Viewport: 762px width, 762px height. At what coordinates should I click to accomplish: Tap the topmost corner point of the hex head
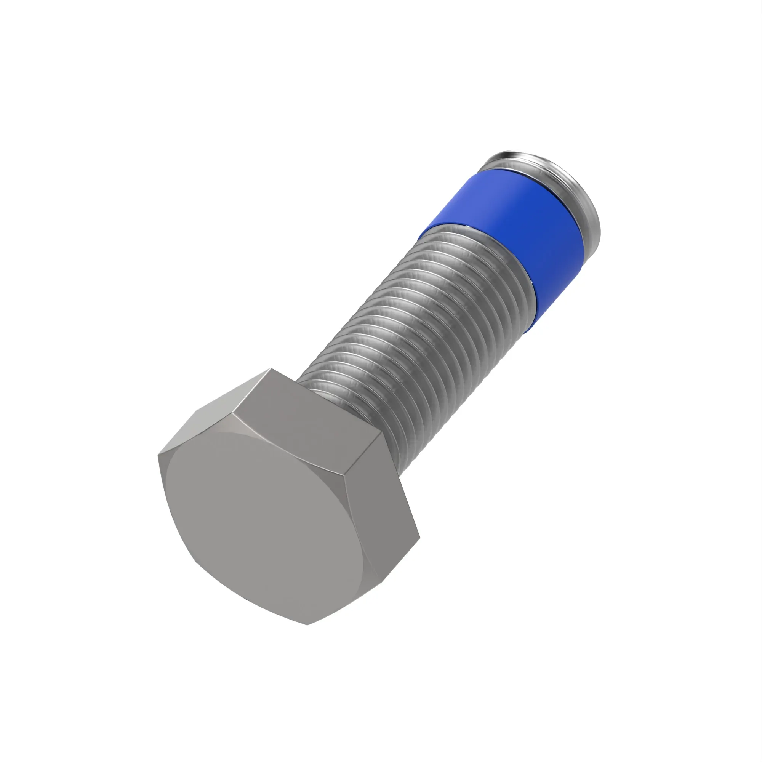coord(271,369)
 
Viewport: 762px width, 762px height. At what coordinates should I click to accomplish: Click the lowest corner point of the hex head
coord(307,624)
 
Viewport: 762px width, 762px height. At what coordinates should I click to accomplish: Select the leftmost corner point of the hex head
coord(158,455)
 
